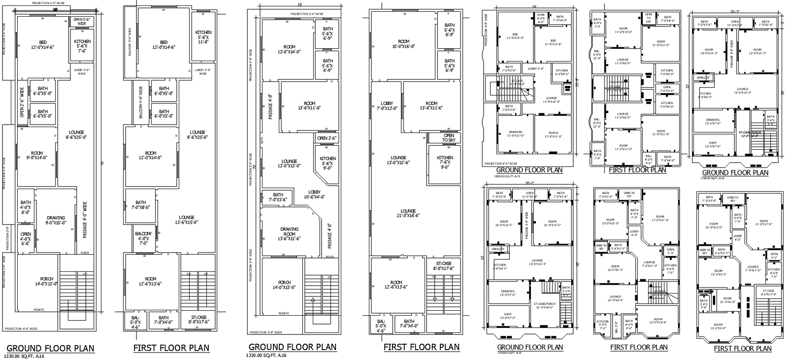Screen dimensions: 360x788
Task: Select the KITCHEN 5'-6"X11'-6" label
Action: tap(203, 37)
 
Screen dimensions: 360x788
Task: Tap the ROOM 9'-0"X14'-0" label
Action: tap(36, 156)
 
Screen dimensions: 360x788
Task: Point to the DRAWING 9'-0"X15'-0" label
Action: tap(56, 221)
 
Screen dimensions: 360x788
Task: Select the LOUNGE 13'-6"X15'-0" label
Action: tap(186, 220)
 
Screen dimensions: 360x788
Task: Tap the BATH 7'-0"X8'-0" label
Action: tap(141, 205)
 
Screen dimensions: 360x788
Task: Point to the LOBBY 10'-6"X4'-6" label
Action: tap(314, 195)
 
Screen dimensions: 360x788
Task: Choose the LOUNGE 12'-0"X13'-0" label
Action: tap(289, 164)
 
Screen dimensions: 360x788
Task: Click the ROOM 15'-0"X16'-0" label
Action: tap(403, 44)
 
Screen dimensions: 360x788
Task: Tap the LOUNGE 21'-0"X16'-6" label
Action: tap(408, 213)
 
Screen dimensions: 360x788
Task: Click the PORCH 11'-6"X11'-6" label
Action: tap(553, 134)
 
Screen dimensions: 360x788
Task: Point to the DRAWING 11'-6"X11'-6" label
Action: tap(516, 134)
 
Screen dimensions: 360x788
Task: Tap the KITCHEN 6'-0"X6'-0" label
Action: tap(562, 72)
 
